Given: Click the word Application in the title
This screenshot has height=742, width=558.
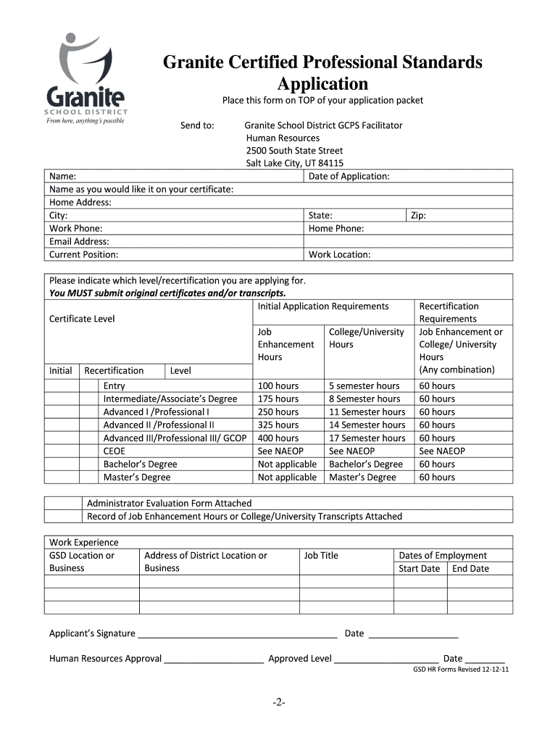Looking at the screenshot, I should pos(320,83).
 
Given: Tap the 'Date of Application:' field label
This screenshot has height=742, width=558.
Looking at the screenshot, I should pos(349,176).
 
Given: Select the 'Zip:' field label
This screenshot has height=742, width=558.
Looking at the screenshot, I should pos(418,215).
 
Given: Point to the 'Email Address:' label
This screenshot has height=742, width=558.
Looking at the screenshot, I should pos(79,241).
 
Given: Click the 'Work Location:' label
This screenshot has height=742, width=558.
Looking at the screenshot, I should pos(339,254).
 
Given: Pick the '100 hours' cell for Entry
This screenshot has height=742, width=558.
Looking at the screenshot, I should pos(278,385).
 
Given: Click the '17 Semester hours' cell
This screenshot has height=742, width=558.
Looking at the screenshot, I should pos(367,438).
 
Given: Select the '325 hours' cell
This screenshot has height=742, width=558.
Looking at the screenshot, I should pos(278,425).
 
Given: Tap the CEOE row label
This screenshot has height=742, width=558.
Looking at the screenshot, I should pos(114,451).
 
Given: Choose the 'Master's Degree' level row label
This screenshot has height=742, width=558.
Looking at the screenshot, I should pos(137,477).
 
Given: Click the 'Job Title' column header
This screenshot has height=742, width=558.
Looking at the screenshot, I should pos(321,555).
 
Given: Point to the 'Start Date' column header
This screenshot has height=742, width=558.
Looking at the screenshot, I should pos(420,568).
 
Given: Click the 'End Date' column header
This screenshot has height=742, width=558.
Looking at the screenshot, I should pos(470,568).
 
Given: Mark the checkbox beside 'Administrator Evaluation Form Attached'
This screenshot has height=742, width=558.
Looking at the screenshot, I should pos(63,503).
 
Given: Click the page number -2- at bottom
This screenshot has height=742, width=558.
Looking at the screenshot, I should pos(279,702).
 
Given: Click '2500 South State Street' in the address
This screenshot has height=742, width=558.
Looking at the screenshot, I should pos(294,151).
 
